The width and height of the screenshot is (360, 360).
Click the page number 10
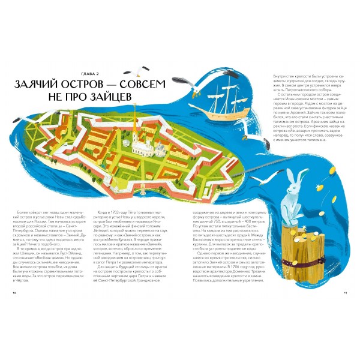[14, 293]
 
